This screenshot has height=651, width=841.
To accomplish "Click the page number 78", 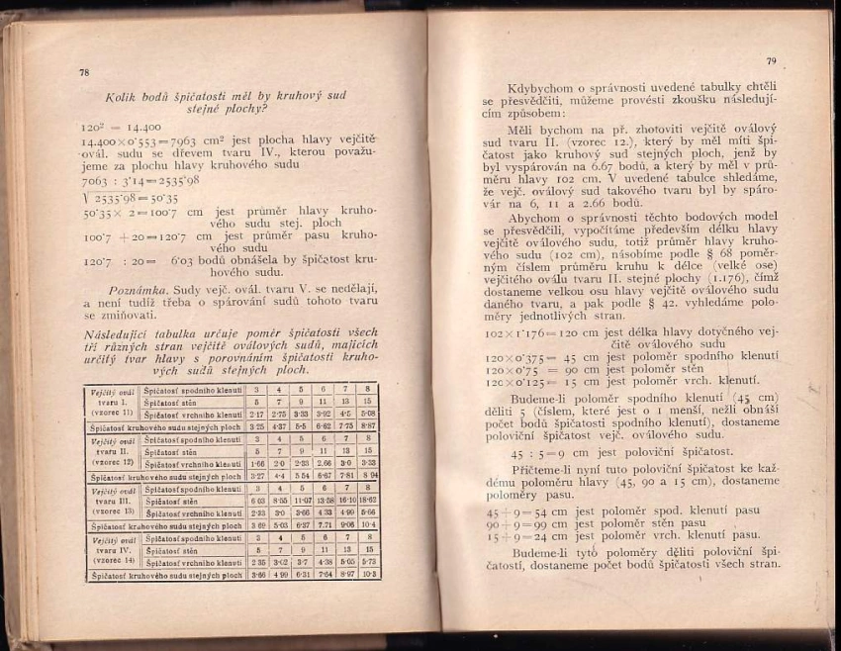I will point(83,72).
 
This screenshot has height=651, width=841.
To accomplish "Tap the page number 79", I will point(771,61).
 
